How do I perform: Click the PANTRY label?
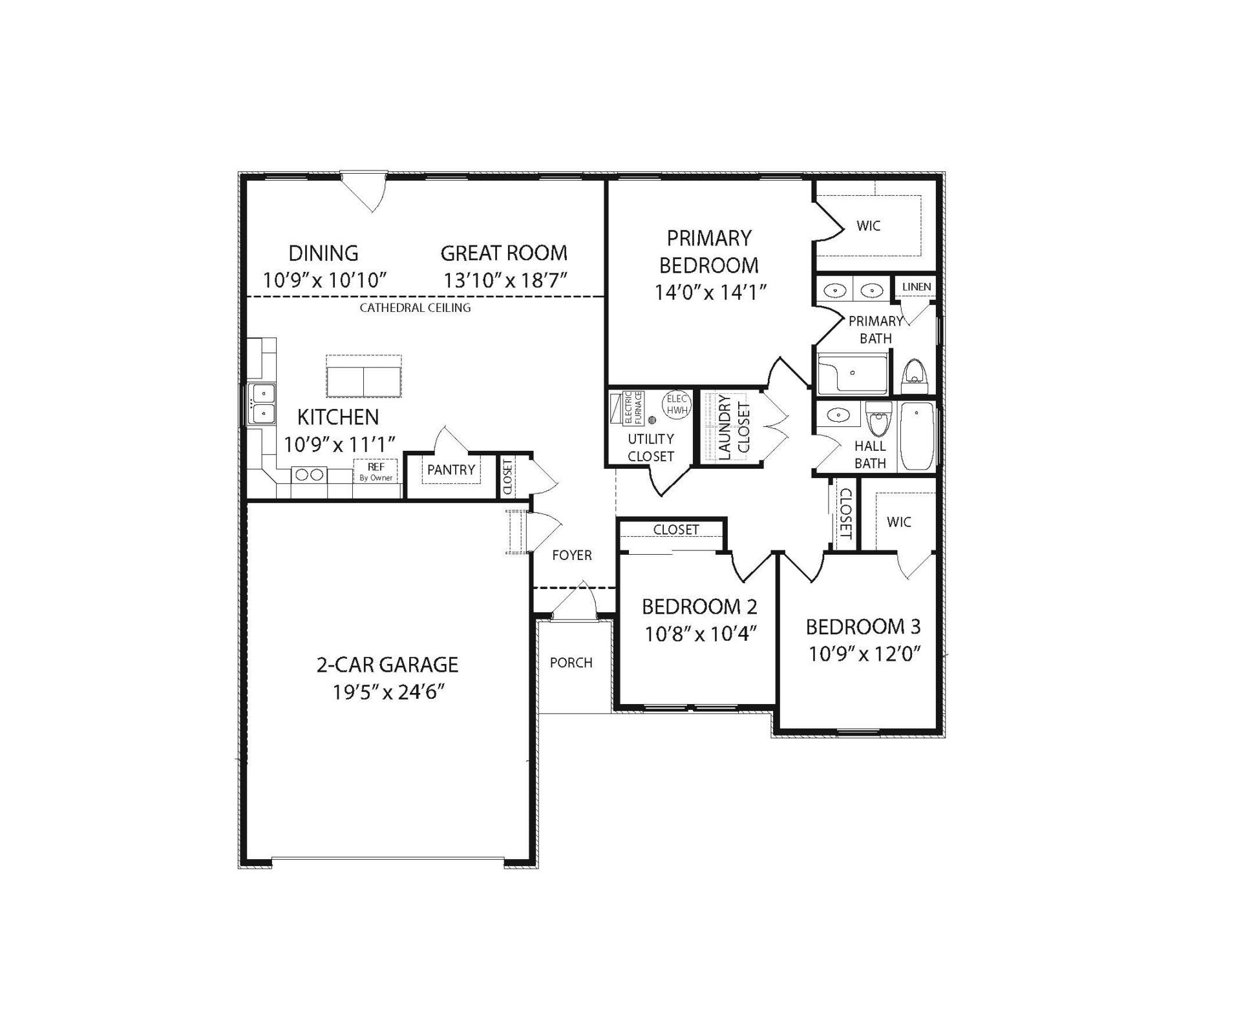[451, 470]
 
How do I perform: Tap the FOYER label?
[572, 555]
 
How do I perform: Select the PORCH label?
[571, 663]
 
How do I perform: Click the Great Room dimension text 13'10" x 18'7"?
[505, 280]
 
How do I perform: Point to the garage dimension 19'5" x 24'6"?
[389, 692]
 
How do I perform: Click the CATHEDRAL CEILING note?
[415, 307]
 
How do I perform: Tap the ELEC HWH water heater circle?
[677, 405]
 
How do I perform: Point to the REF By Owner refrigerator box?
[376, 471]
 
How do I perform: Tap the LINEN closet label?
[917, 287]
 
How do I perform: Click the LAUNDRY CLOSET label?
[734, 427]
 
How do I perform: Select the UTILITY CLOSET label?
[651, 448]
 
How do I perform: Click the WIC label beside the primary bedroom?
[868, 226]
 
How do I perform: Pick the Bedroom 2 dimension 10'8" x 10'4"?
[700, 634]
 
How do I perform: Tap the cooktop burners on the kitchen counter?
[309, 475]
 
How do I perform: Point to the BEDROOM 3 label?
[863, 627]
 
